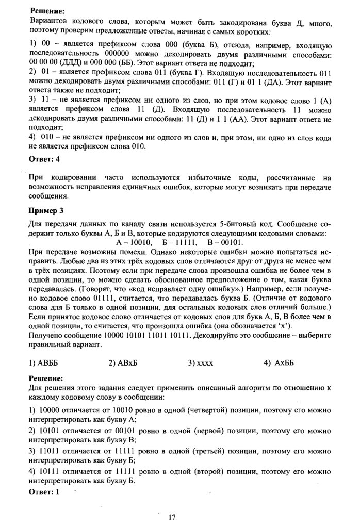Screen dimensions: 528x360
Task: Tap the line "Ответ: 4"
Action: point(45,159)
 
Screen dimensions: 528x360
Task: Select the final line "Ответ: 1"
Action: point(44,492)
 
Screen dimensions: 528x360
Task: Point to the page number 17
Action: point(172,517)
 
